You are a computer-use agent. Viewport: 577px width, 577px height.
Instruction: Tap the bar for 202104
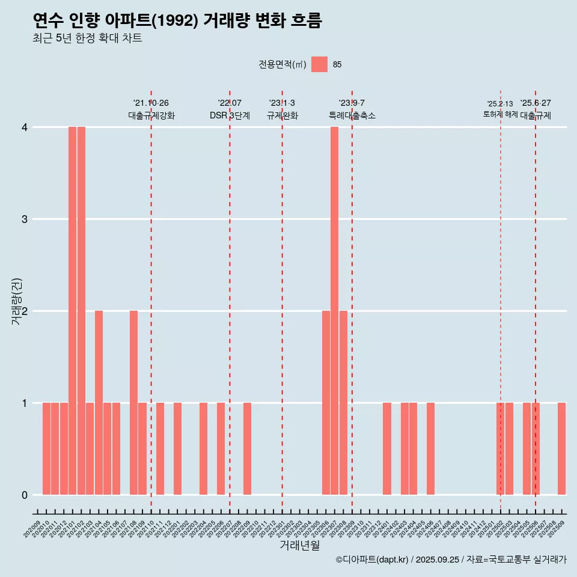(x=99, y=403)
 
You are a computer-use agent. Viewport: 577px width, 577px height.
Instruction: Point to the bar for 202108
(x=133, y=403)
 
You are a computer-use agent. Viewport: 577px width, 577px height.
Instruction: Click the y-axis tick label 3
(x=25, y=219)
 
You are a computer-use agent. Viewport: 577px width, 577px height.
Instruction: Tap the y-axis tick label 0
(x=25, y=495)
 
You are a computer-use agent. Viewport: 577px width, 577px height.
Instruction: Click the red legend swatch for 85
(x=319, y=64)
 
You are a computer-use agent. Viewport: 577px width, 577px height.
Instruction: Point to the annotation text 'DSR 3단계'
(x=230, y=115)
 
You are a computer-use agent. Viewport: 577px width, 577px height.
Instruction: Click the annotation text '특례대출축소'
(x=352, y=115)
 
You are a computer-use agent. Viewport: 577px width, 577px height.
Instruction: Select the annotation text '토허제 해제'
(x=500, y=114)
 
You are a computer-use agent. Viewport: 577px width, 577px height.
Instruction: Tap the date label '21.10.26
(x=151, y=103)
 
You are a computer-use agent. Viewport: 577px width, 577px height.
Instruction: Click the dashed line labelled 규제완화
(x=282, y=301)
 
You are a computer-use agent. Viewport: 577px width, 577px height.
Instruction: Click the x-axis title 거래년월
(x=299, y=546)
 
